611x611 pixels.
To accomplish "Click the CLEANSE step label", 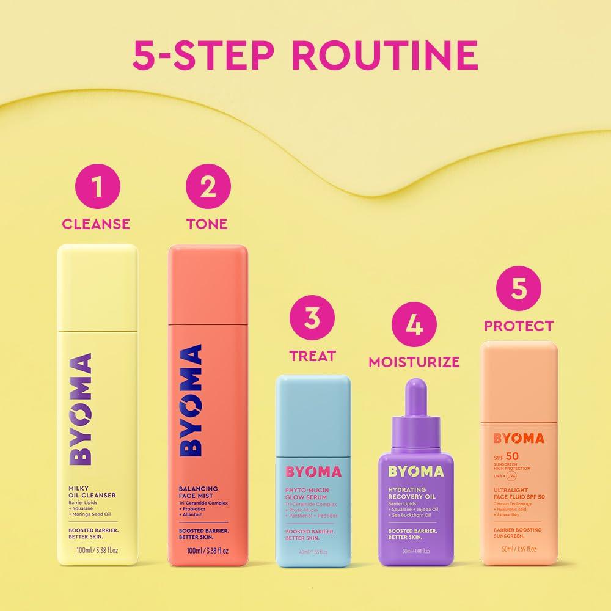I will point(96,224).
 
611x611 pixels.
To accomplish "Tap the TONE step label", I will point(207,224).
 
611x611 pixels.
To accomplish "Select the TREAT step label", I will point(312,356).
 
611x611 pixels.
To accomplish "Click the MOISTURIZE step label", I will point(414,362).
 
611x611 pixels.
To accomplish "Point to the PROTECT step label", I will point(519,326).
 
